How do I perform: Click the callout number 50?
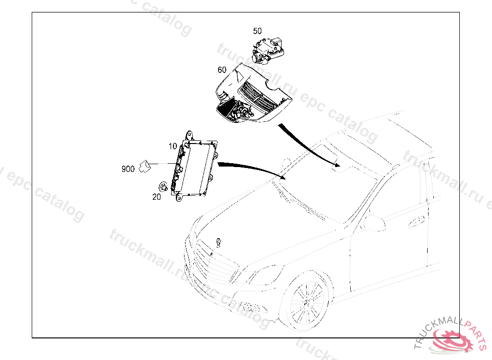258,31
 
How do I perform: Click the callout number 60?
221,70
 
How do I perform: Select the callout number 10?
172,146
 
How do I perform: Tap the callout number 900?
128,169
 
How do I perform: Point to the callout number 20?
157,197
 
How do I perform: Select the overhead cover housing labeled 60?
250,96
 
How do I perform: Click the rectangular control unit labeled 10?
197,166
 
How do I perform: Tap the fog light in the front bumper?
249,308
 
